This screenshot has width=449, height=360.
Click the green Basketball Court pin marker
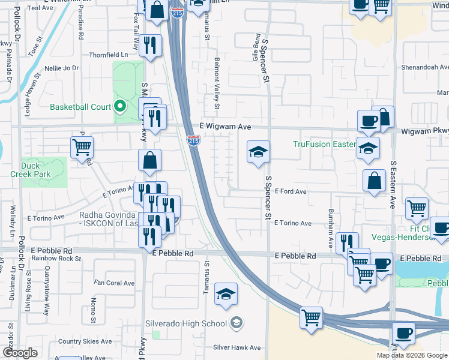[119, 107]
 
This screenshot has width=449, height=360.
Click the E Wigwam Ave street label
[225, 127]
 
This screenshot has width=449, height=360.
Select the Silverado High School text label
[185, 323]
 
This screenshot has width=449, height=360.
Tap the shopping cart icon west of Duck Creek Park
[82, 146]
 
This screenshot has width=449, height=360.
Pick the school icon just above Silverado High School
[226, 294]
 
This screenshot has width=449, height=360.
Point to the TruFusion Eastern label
[325, 144]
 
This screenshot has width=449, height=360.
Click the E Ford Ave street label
[291, 191]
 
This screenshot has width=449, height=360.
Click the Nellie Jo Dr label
[59, 68]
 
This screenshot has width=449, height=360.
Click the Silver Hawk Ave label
[237, 347]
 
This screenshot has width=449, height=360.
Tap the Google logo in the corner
[19, 353]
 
